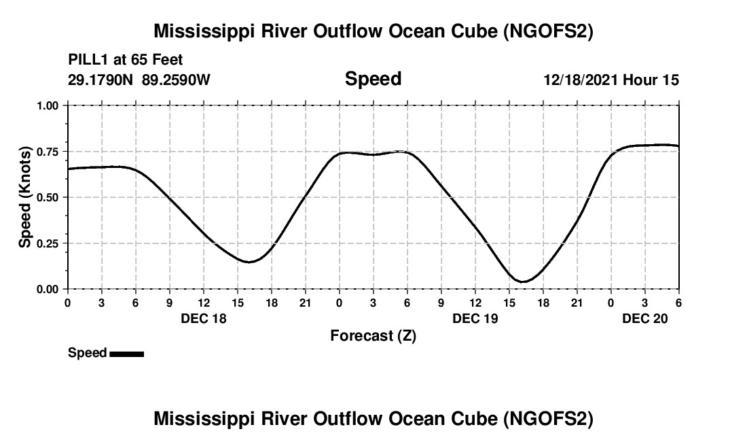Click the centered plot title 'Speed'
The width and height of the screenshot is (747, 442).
[373, 79]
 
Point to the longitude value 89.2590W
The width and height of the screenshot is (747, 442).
[176, 80]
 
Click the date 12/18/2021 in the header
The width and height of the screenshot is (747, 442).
[580, 80]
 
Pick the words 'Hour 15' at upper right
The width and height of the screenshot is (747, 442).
[651, 80]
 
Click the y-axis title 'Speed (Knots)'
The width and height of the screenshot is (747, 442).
[25, 197]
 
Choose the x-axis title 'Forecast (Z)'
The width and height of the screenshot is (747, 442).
[373, 335]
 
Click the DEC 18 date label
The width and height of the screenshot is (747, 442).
[204, 318]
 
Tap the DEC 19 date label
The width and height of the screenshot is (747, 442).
[475, 318]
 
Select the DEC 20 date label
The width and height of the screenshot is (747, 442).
[645, 318]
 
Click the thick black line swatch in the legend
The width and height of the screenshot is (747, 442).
[126, 354]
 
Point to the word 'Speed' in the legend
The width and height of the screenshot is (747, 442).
[87, 353]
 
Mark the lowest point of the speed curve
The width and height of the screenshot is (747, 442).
[523, 282]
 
